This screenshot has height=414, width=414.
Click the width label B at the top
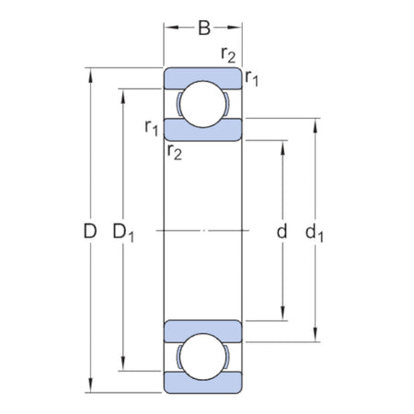tap(204, 28)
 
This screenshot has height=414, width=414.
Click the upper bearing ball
tap(203, 105)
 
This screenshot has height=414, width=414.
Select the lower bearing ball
tap(203, 356)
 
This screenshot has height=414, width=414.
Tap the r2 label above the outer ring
tap(228, 53)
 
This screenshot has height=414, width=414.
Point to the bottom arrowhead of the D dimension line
tap(90, 387)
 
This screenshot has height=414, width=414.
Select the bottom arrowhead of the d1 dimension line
tap(316, 337)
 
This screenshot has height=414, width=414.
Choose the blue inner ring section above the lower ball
tap(203, 328)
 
